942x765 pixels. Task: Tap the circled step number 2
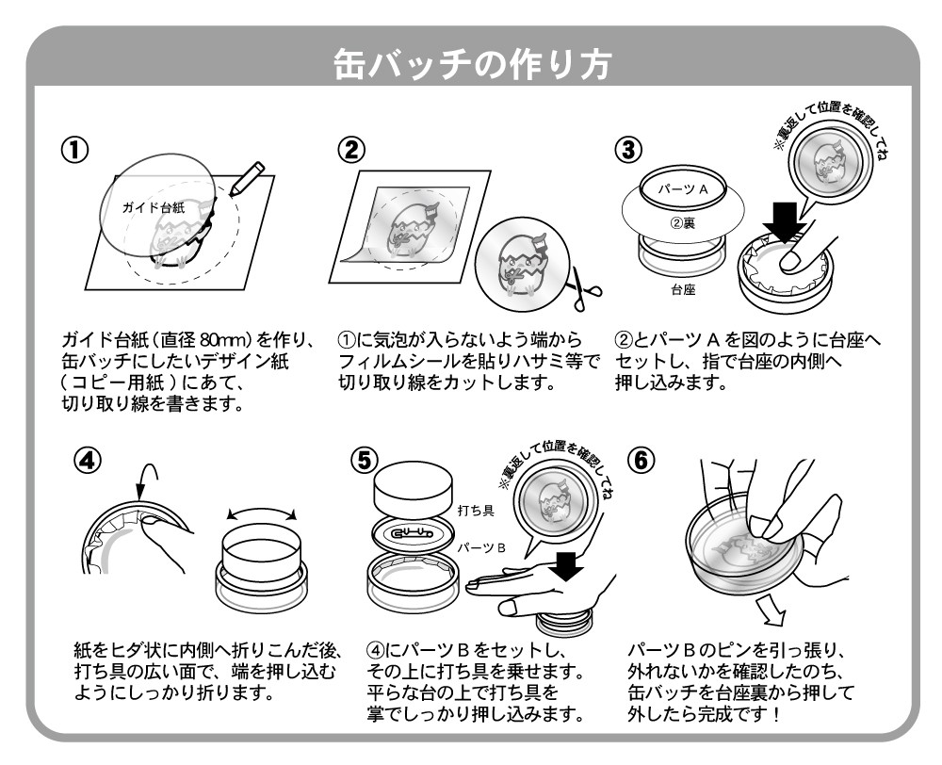(x=350, y=150)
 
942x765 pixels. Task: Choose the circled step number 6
(x=641, y=463)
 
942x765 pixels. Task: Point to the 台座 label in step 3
(x=683, y=291)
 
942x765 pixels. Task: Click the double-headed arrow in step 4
(x=263, y=514)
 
